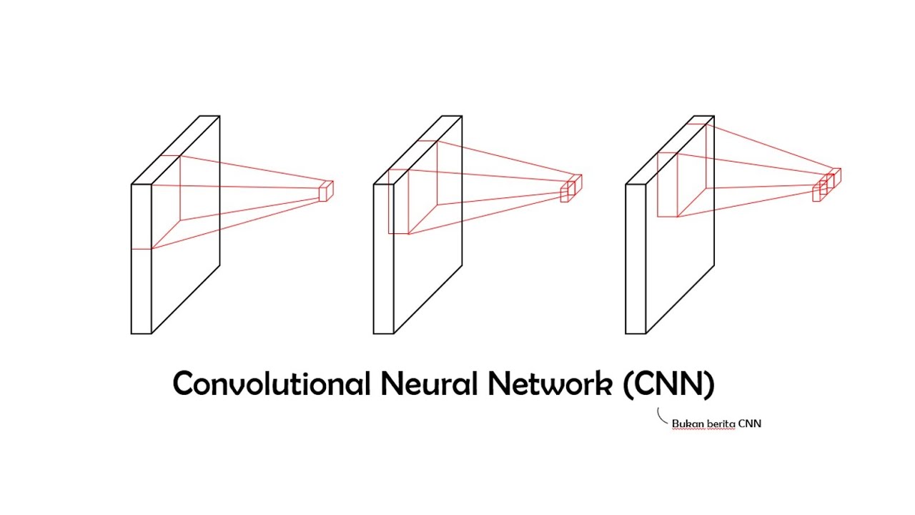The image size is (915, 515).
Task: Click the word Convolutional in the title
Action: point(271,384)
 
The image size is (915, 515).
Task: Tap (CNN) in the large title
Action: point(668,384)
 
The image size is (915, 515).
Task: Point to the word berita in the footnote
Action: point(718,423)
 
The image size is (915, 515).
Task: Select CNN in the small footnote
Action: point(750,423)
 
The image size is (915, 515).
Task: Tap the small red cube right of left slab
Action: point(326,191)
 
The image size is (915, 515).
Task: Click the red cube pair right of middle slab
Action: point(570,188)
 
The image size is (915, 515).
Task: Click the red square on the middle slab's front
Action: point(398,202)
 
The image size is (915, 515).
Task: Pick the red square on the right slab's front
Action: point(667,185)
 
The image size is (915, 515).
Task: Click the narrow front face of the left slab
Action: point(141,286)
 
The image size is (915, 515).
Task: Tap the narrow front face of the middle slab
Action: point(383,286)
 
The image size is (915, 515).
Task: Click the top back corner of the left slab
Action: point(219,116)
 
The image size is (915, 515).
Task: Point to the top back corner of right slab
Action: point(713,116)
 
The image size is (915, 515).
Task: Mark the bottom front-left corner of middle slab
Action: point(374,333)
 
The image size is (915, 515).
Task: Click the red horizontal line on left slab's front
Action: point(141,249)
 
